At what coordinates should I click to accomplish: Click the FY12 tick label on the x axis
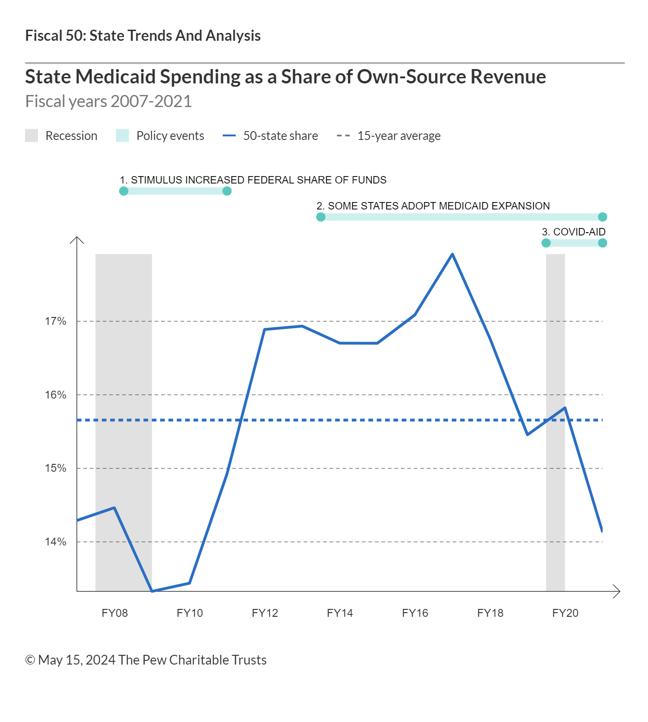point(265,613)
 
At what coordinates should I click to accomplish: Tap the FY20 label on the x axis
point(565,613)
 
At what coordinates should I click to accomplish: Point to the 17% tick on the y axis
point(56,321)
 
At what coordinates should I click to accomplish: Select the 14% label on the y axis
point(56,542)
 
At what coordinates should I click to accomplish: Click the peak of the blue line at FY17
point(452,254)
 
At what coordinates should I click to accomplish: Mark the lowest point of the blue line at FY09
point(152,591)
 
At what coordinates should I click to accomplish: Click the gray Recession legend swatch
point(31,136)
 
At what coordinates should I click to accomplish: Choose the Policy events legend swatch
point(122,136)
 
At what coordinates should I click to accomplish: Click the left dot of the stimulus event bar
point(124,191)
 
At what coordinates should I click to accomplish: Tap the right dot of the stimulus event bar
point(227,191)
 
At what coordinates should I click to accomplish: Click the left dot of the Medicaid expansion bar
point(321,217)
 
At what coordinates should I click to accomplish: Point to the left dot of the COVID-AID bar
point(546,243)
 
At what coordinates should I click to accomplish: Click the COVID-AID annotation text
point(574,232)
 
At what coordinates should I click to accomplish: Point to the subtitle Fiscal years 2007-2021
point(108,101)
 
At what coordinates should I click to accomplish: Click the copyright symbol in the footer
point(30,660)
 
